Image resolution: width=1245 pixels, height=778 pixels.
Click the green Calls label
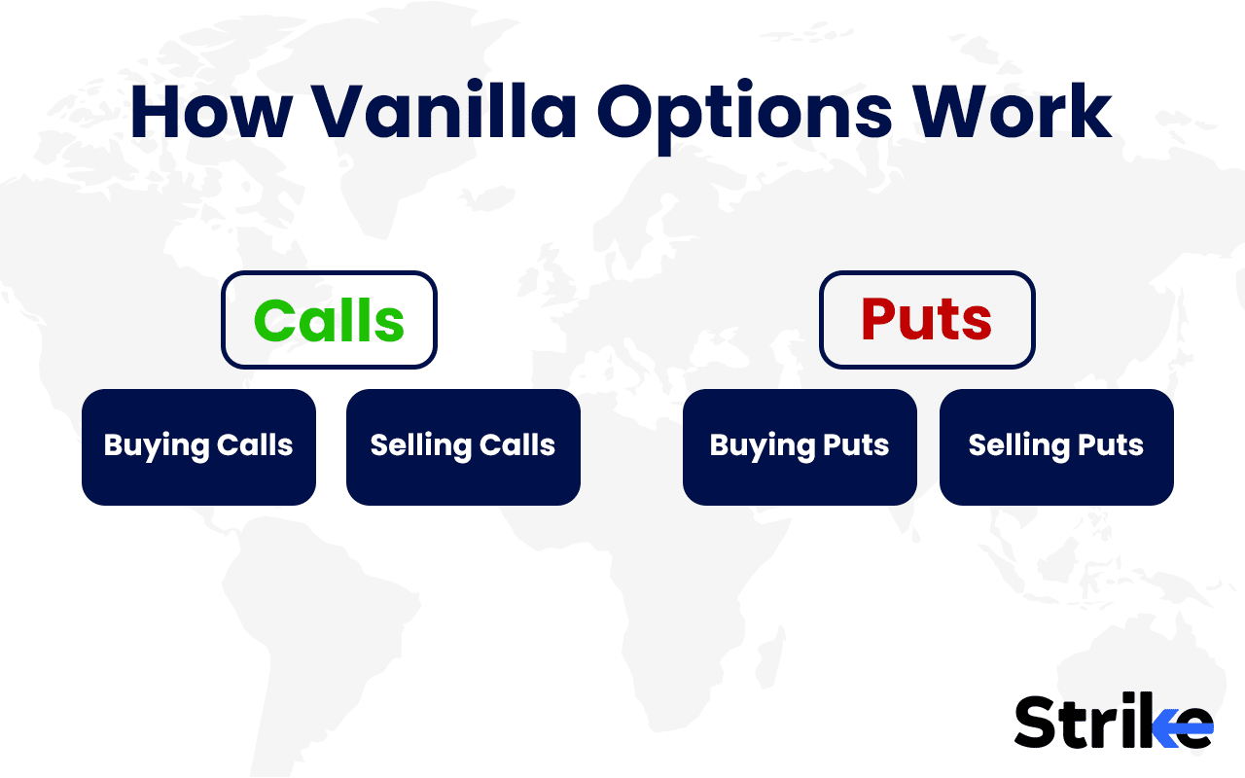pyautogui.click(x=329, y=320)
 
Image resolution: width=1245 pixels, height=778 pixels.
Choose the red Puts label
pyautogui.click(x=926, y=320)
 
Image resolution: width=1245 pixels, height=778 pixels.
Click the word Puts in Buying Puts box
pyautogui.click(x=856, y=445)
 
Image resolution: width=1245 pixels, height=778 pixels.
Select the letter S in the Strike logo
pyautogui.click(x=1035, y=723)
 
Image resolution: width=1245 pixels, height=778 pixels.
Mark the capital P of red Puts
pyautogui.click(x=879, y=320)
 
